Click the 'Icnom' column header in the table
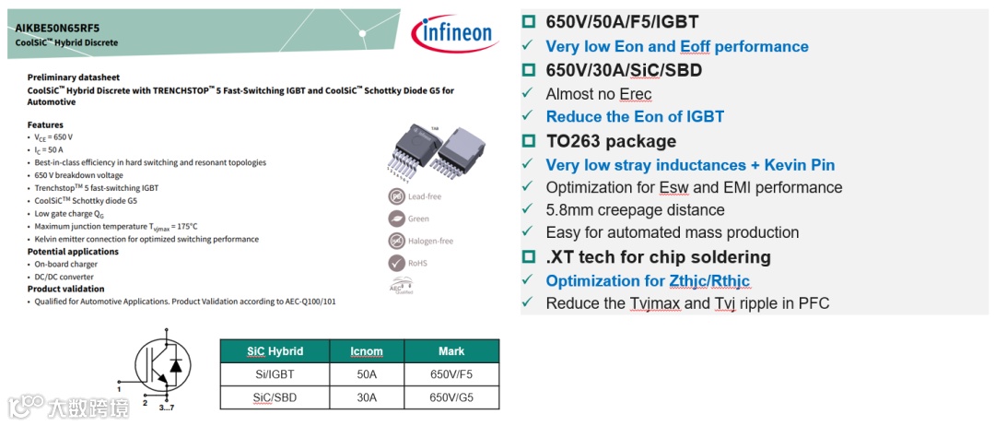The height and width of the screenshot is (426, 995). click(367, 351)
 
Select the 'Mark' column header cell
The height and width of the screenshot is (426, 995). click(451, 351)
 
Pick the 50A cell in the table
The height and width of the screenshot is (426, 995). click(367, 374)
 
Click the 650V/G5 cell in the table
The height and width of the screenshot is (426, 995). click(451, 397)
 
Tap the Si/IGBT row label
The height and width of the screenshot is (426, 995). click(275, 374)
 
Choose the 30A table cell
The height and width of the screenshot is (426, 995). click(367, 397)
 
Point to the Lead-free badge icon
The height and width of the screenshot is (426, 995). click(394, 196)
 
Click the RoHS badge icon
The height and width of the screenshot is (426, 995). click(394, 263)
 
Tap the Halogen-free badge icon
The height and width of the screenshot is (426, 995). click(394, 241)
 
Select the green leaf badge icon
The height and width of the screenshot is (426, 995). click(394, 219)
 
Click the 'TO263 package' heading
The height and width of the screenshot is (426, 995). click(611, 141)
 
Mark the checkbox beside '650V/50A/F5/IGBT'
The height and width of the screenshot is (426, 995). click(529, 22)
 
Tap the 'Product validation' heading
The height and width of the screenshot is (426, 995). click(65, 289)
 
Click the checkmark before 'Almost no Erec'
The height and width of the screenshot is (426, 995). click(527, 94)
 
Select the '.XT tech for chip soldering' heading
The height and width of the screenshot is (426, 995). click(658, 257)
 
